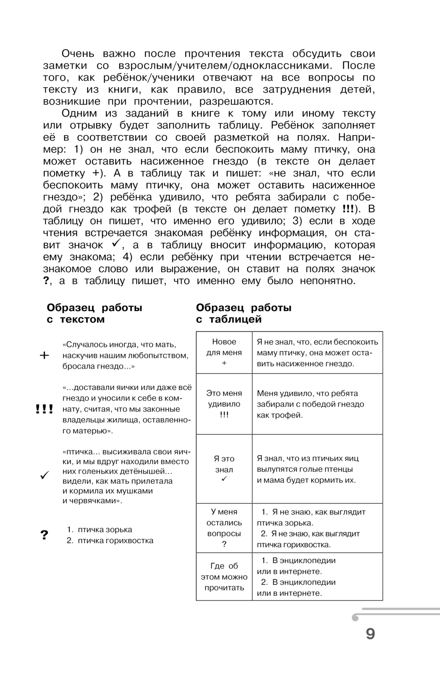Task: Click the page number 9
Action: tap(370, 634)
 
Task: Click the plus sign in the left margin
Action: tap(44, 356)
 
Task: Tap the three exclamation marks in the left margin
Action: tap(44, 409)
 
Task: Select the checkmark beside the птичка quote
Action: tap(44, 476)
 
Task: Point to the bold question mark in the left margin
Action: tap(44, 535)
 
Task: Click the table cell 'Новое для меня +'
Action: tap(224, 353)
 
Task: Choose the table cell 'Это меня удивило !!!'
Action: tap(224, 404)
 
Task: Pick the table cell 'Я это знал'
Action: tap(224, 469)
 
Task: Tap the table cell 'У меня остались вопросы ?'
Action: tap(224, 528)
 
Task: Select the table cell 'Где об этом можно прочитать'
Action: tap(224, 576)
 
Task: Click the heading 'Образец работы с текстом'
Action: tap(94, 313)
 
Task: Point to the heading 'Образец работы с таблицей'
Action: tap(243, 313)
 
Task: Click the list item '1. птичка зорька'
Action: tap(99, 530)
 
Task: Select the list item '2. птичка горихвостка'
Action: tap(110, 541)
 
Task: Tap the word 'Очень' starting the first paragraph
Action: tap(77, 54)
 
